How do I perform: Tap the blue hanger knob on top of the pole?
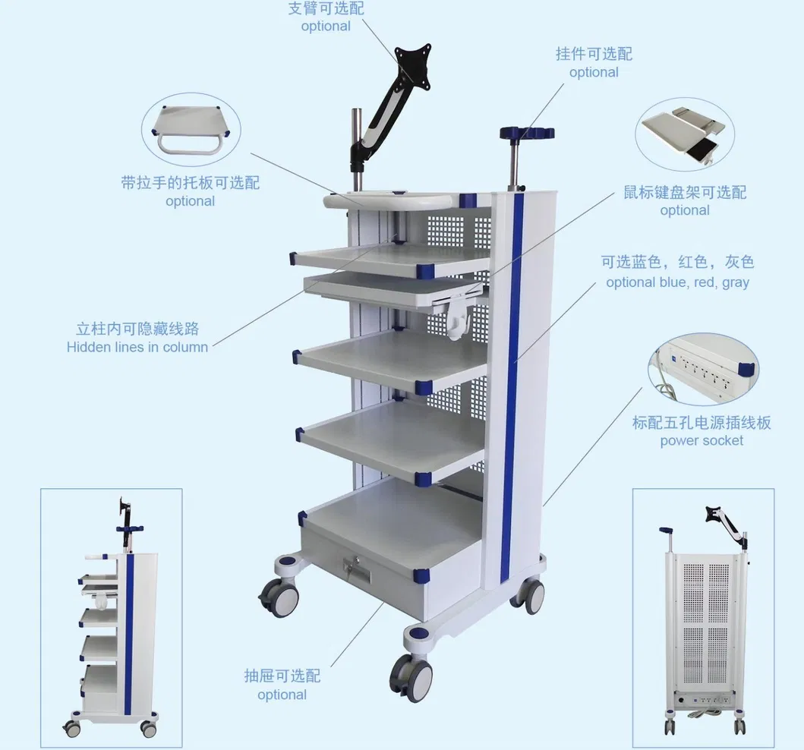point(526,134)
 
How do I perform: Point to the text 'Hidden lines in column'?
point(137,347)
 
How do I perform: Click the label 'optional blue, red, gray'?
point(677,282)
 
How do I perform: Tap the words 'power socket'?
point(702,440)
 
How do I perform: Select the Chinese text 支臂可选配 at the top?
point(326,9)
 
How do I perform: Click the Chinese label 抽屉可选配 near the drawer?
point(282,676)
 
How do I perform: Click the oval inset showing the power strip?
point(703,369)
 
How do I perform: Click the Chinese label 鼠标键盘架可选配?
point(685,192)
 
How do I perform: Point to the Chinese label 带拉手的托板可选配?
point(190,183)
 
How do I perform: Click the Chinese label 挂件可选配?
point(594,54)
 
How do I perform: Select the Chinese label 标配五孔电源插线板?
point(702,423)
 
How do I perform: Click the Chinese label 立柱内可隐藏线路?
point(137,329)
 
